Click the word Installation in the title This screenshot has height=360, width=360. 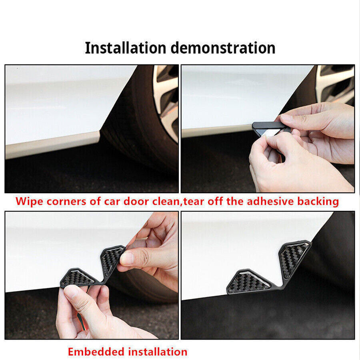[x=125, y=48]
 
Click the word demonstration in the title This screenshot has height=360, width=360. [x=223, y=48]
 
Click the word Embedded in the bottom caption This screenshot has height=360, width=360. [x=96, y=352]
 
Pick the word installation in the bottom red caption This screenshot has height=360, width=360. [x=158, y=352]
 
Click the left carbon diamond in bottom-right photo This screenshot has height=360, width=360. [x=248, y=282]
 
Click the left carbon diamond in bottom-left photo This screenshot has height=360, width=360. [x=77, y=278]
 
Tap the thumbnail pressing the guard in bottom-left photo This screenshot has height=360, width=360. [x=126, y=258]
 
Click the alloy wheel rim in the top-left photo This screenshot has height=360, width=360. [x=166, y=102]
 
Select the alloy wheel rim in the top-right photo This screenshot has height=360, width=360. [x=335, y=84]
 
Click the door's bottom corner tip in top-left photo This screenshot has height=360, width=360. [x=99, y=132]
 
